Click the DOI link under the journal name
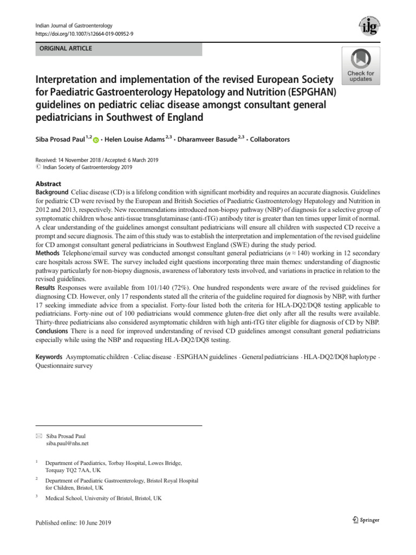tap(84, 34)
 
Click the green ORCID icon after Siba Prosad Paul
tap(96, 140)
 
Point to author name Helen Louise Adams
tap(134, 139)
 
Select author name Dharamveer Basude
tap(208, 139)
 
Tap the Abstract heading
tap(48, 184)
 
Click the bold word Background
tap(52, 192)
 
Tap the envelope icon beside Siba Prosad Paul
tap(38, 436)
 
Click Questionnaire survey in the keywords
tap(64, 366)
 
